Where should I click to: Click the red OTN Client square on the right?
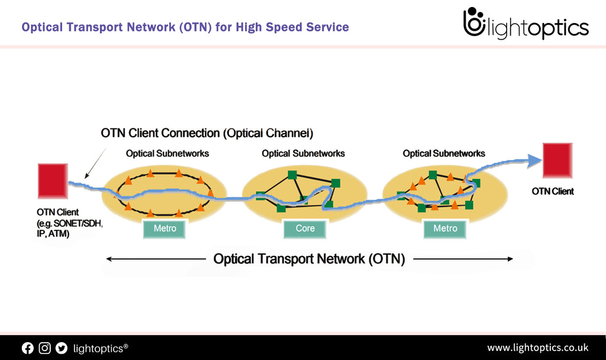557,160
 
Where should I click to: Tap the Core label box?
305,229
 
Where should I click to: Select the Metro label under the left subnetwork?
165,229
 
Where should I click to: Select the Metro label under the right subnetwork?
445,229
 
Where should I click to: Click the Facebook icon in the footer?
28,348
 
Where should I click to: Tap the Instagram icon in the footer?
45,348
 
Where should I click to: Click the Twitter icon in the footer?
62,348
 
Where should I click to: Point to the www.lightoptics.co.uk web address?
537,348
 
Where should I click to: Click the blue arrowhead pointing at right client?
535,159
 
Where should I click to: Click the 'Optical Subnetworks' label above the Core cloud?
303,153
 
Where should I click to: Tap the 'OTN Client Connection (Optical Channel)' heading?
207,133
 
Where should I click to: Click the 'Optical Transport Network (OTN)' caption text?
309,259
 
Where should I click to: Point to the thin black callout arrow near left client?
96,162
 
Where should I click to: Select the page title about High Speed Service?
185,27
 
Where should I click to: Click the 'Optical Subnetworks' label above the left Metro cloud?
167,153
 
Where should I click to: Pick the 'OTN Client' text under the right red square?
553,191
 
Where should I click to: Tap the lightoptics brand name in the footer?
100,348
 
